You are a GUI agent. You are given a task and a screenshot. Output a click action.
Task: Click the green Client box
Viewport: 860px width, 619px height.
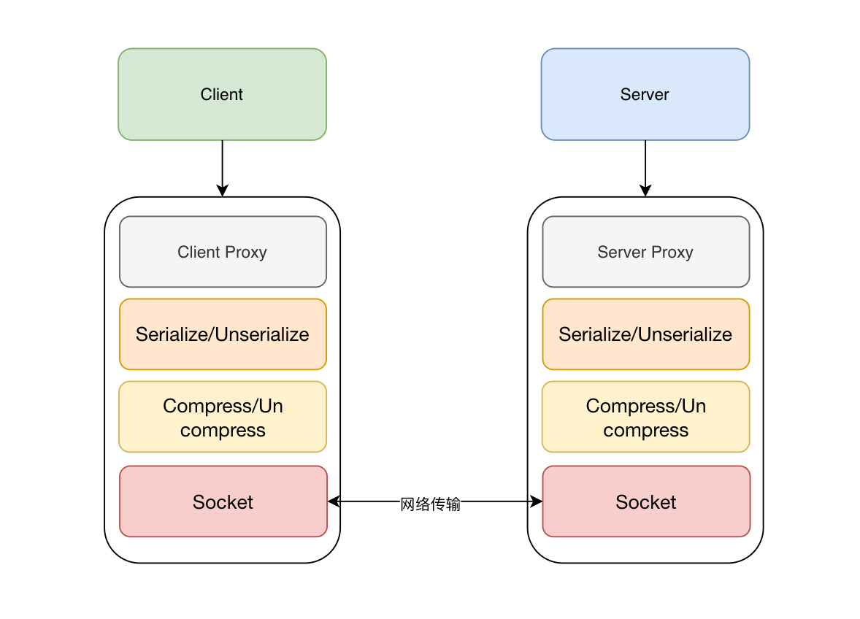tap(222, 94)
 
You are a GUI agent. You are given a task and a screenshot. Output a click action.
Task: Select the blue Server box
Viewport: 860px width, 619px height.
tap(645, 94)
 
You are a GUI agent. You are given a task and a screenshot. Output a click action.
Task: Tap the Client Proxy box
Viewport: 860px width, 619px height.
tap(223, 252)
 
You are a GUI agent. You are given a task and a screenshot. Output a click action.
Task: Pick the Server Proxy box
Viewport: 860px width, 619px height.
tap(645, 252)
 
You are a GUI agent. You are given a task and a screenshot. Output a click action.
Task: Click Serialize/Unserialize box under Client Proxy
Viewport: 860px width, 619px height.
tap(223, 334)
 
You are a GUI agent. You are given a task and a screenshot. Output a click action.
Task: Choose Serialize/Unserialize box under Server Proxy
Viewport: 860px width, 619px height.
tap(645, 334)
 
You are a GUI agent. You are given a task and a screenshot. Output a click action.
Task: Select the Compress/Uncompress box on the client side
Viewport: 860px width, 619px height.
tap(223, 418)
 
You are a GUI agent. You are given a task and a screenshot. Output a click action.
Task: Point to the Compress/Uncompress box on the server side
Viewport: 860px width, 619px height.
tap(645, 418)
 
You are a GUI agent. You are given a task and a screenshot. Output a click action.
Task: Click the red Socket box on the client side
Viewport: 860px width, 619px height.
tap(223, 501)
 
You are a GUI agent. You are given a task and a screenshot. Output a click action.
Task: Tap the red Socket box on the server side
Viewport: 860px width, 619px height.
tap(645, 501)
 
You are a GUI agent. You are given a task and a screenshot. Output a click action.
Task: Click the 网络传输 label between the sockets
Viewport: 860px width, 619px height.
tap(431, 504)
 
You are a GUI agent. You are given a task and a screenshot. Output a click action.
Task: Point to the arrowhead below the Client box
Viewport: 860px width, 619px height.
tap(223, 191)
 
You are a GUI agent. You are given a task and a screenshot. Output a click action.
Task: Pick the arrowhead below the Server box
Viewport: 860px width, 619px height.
tap(645, 191)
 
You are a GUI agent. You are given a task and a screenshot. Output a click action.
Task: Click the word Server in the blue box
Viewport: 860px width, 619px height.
tap(645, 94)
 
